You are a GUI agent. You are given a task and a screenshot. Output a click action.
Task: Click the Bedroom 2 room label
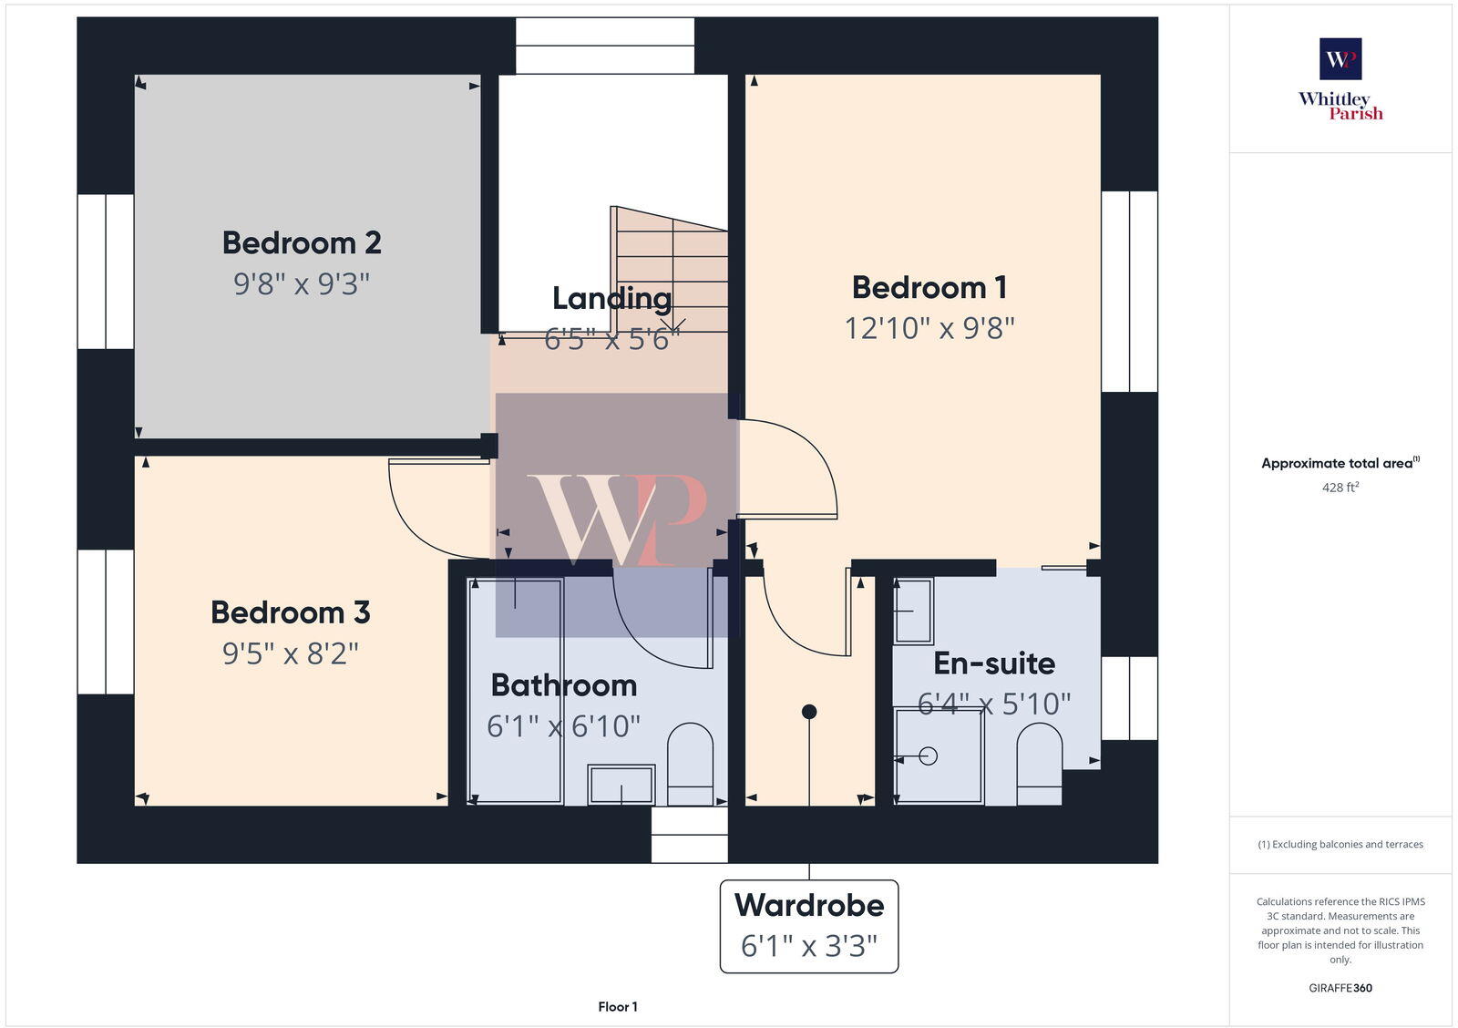click(x=302, y=242)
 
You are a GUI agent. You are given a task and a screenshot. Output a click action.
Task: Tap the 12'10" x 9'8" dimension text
click(x=929, y=327)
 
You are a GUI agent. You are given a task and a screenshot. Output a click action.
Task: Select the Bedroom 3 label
click(x=290, y=612)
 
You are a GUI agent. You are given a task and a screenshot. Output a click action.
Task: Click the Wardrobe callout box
click(x=809, y=926)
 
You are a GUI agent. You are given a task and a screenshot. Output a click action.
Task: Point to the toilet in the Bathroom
click(x=690, y=764)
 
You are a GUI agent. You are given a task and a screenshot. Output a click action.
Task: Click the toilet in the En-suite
click(x=1039, y=764)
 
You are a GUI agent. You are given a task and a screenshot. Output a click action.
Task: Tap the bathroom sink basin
click(x=621, y=784)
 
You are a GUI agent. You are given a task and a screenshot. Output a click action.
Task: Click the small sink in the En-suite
click(x=913, y=611)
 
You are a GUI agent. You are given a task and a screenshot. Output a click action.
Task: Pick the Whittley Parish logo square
click(x=1340, y=59)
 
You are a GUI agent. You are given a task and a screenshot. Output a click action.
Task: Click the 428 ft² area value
click(x=1340, y=488)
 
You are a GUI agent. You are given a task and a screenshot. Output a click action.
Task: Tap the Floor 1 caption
click(x=618, y=1006)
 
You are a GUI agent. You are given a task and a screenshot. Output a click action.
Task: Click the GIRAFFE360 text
click(x=1340, y=988)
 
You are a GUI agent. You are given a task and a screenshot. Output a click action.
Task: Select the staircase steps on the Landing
click(x=673, y=269)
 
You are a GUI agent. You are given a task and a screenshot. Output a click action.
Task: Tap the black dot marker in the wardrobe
click(x=809, y=711)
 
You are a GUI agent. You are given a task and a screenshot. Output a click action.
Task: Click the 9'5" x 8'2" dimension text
click(x=290, y=653)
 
